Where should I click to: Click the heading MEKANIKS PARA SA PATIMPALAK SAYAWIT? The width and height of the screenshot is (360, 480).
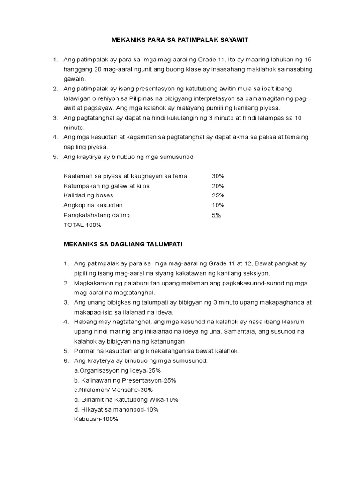(x=180, y=40)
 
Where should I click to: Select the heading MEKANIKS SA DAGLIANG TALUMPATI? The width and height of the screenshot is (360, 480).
(x=123, y=244)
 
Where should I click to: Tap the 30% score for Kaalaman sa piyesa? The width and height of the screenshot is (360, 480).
(x=218, y=176)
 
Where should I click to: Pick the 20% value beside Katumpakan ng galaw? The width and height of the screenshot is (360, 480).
(x=218, y=186)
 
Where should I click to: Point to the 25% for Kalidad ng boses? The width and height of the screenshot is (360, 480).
(x=218, y=195)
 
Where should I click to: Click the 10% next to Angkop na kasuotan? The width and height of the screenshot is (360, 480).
(x=218, y=205)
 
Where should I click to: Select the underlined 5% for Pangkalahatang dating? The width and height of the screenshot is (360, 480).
(x=216, y=215)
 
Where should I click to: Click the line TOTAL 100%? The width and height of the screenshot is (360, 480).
(x=82, y=225)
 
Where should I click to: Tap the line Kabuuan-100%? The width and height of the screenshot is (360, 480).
(x=96, y=419)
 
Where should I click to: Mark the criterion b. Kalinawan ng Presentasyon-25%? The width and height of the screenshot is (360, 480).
(x=121, y=380)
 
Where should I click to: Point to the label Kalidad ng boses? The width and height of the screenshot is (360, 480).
(x=88, y=195)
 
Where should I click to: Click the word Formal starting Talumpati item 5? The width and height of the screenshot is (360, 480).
(x=84, y=351)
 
